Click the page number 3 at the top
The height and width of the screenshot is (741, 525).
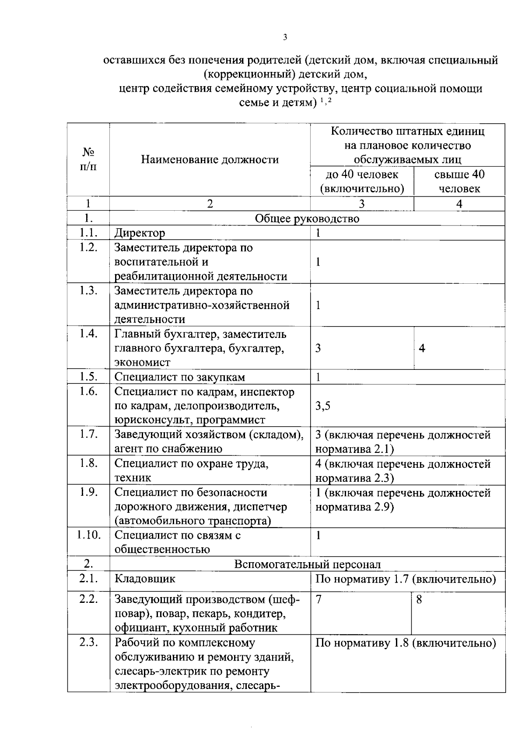coord(285,38)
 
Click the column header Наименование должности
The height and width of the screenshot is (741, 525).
coord(210,160)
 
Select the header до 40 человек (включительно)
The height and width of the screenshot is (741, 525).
coord(362,181)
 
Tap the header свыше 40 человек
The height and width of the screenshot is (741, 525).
coord(459,181)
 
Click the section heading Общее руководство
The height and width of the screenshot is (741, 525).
coord(307,219)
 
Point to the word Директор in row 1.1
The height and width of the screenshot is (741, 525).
coord(140,233)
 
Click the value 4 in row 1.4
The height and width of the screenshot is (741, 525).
coord(422,348)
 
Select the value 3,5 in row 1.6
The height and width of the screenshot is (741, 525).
coord(323,406)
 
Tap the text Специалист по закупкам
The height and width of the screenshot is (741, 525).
coord(180,377)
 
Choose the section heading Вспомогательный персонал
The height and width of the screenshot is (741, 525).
coord(308,564)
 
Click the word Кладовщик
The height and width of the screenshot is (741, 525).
coord(145,579)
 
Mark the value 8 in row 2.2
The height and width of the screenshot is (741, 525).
coord(419,600)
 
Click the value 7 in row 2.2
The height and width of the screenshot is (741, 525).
coord(318,600)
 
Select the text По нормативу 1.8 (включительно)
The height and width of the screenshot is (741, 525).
coord(406,644)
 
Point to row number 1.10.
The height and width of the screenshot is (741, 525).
coord(89,536)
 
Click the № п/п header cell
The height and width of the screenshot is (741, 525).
coord(88,160)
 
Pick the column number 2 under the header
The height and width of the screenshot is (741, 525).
coord(210,204)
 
